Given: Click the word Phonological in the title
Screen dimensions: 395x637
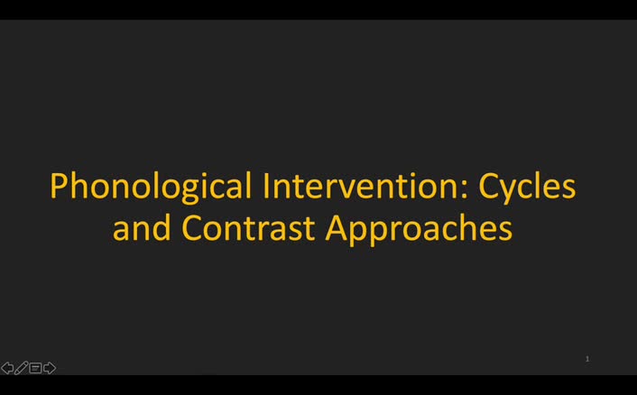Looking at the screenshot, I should (151, 187).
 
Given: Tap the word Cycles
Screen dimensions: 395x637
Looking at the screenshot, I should (527, 187).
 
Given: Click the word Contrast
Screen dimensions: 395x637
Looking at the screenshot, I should (249, 227).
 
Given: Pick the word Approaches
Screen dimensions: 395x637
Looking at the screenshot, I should (419, 227).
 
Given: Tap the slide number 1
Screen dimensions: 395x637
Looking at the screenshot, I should (587, 359).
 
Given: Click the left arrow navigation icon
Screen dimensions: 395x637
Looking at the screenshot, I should (7, 368).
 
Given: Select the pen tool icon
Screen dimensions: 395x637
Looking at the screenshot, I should (21, 368).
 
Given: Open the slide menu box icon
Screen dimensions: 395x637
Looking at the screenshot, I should (35, 368).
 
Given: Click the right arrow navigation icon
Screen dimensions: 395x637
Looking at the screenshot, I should (50, 368).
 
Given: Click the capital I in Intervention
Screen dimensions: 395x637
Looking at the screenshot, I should (267, 187).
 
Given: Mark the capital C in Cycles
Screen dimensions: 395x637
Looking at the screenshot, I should (489, 187).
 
